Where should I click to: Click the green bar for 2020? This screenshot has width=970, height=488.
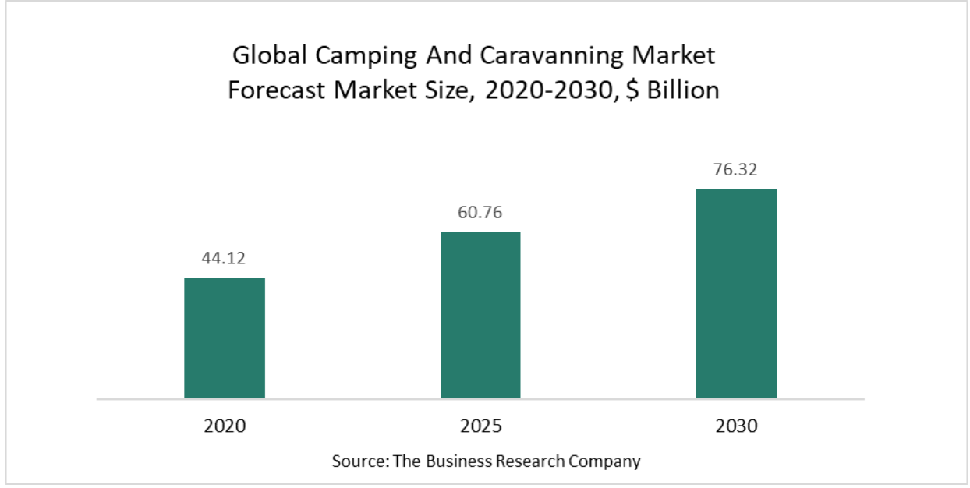(225, 338)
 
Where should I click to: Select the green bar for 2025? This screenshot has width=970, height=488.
(480, 315)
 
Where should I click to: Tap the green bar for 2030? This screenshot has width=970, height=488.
(736, 293)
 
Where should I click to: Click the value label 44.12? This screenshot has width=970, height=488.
(225, 258)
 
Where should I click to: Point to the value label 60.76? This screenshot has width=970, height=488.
(480, 212)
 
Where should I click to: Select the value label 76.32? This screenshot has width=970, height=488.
(736, 169)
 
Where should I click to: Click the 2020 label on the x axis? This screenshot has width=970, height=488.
(225, 426)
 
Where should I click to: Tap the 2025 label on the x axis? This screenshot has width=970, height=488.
(480, 426)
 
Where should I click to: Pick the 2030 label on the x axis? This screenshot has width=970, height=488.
(736, 426)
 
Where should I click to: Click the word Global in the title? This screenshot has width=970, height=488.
(267, 56)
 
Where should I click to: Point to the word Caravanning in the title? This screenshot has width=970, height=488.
(555, 56)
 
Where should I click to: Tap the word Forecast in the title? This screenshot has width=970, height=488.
(277, 90)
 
